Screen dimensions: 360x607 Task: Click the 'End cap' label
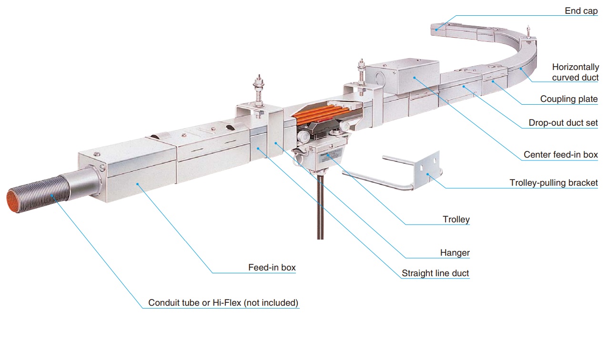pos(581,11)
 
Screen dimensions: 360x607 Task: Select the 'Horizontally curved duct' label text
pos(575,72)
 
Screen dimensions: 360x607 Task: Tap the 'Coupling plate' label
pos(568,99)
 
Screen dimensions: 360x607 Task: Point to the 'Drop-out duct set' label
pos(563,123)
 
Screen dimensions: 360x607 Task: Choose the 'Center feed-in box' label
pos(560,154)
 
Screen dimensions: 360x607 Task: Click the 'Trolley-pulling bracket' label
pos(553,183)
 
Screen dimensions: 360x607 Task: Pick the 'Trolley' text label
pos(456,220)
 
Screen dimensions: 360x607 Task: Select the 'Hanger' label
pos(455,253)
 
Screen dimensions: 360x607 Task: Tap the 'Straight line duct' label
pos(435,273)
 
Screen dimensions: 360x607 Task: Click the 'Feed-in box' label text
pos(272,268)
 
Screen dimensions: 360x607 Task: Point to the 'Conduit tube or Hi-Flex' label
pos(223,303)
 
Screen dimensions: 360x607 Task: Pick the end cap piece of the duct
pos(439,28)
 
